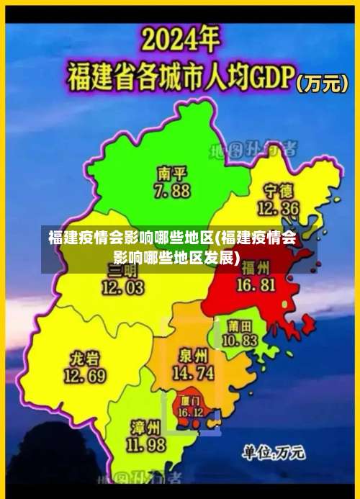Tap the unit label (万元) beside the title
[323, 84]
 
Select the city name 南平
[171, 174]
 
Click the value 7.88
[171, 191]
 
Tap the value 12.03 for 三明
[122, 287]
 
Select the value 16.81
[257, 285]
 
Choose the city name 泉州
[193, 356]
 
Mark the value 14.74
[193, 373]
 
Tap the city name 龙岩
[85, 359]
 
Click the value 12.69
[85, 376]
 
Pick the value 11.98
[146, 444]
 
